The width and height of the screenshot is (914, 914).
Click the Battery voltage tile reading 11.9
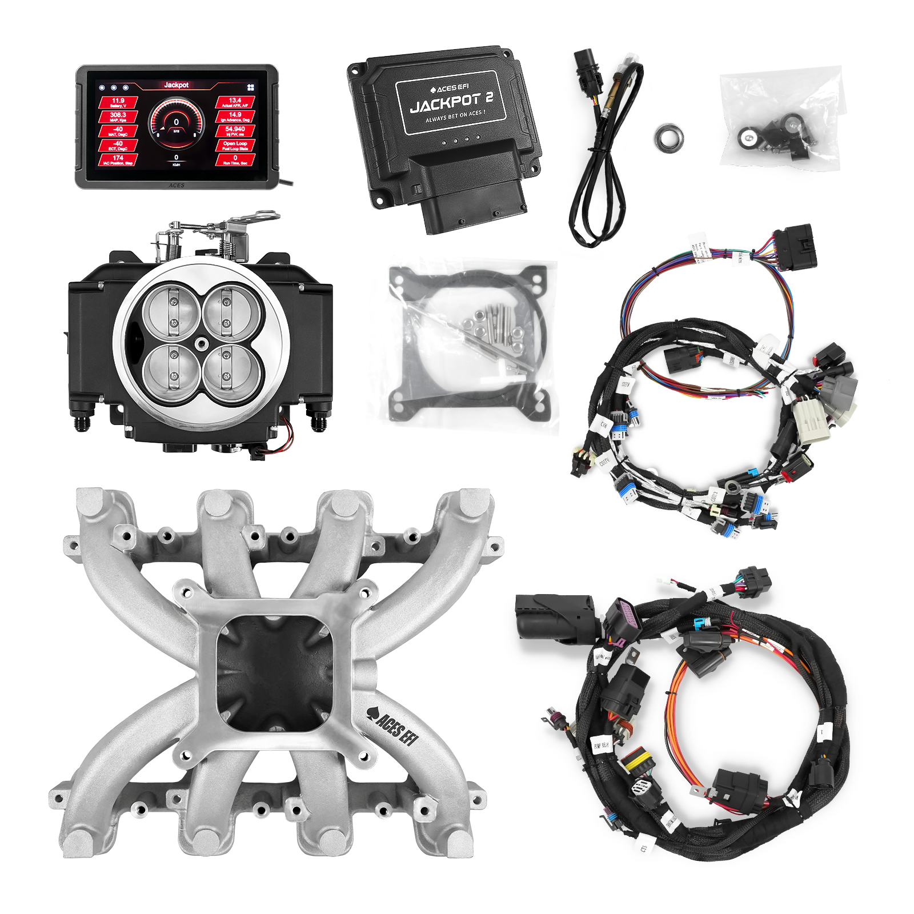pos(118,102)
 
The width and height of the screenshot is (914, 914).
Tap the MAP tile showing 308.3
pos(118,117)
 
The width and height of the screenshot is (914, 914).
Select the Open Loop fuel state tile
pos(235,146)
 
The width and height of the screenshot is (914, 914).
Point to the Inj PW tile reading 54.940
pos(235,131)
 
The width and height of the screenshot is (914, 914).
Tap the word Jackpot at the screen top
pos(176,85)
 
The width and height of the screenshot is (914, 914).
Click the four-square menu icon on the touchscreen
pos(250,88)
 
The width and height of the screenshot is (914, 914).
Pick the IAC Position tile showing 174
pos(118,160)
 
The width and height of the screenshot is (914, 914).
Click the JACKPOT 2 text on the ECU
pos(451,102)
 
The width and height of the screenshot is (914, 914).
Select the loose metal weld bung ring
pos(670,138)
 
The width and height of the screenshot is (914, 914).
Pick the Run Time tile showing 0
pos(235,160)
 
